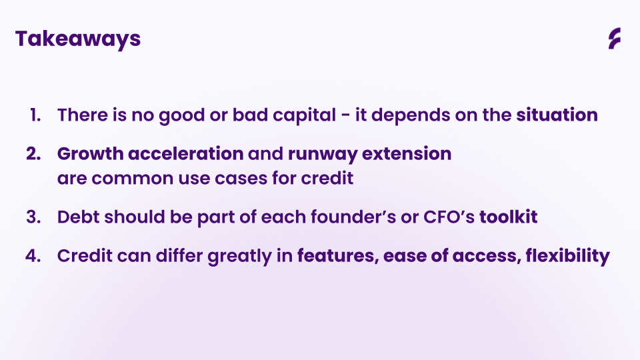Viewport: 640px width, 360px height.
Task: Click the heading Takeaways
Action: point(78,39)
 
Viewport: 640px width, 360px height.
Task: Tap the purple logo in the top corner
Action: point(614,39)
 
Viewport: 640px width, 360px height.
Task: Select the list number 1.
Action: point(35,115)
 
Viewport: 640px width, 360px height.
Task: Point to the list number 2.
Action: point(33,154)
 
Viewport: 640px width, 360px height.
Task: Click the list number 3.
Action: point(33,217)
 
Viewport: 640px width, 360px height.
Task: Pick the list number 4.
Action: point(33,256)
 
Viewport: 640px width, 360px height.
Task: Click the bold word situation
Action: point(557,115)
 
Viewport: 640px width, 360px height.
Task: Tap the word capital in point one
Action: point(305,116)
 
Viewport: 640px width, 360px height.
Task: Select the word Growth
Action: point(90,154)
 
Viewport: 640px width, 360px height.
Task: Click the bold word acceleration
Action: point(186,154)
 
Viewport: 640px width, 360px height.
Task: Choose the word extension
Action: point(407,154)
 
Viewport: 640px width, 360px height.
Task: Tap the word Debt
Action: point(79,217)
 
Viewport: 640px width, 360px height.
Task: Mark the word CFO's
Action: point(449,217)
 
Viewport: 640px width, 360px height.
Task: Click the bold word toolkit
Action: point(508,217)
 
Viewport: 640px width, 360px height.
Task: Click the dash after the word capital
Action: point(345,115)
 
